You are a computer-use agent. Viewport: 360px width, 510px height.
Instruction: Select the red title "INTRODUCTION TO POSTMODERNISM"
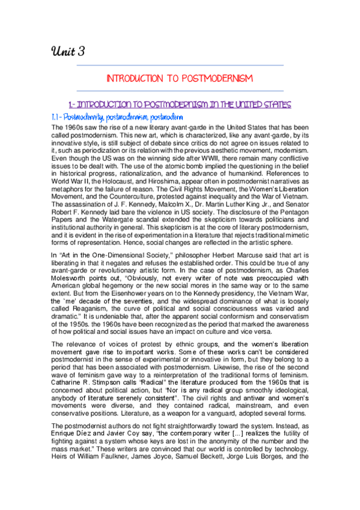click(x=179, y=78)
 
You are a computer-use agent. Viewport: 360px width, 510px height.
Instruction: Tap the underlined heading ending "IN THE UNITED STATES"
click(x=180, y=104)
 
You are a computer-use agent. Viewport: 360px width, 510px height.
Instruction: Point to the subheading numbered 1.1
click(x=117, y=117)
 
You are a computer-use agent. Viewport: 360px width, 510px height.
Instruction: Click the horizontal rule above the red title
click(x=180, y=65)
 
